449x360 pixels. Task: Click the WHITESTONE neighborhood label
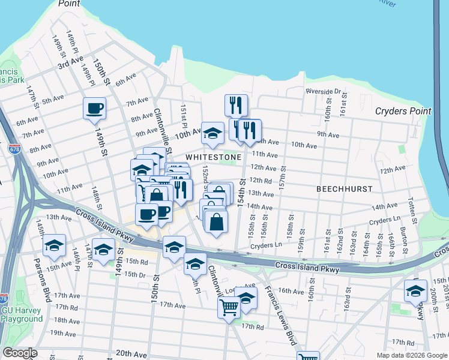[213, 157]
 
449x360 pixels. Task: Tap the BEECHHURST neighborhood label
[345, 188]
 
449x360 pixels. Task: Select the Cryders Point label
[403, 111]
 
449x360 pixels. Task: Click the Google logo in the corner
[20, 353]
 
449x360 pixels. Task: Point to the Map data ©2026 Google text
[412, 355]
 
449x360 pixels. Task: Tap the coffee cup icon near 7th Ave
[94, 109]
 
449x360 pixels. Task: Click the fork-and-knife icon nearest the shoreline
[236, 105]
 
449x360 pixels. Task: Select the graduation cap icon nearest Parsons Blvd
[55, 245]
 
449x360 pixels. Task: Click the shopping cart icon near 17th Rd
[229, 307]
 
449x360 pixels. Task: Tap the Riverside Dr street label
[323, 91]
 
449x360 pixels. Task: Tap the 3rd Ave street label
[70, 62]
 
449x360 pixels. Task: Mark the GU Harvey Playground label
[21, 314]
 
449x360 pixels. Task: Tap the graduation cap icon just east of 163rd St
[415, 291]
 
